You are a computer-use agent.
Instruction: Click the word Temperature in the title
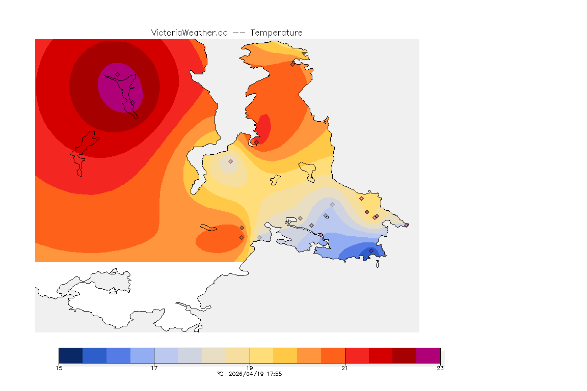click(277, 33)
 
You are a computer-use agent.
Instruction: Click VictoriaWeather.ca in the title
click(189, 33)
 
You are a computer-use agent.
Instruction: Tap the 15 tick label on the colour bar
click(59, 368)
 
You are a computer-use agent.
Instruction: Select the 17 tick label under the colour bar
click(154, 368)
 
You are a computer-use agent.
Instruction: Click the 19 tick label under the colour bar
click(250, 368)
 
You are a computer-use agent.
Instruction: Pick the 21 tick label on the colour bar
click(345, 368)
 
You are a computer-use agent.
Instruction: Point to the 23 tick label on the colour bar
click(440, 368)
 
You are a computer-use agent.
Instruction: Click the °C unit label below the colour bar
click(220, 374)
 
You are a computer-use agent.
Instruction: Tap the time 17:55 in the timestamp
click(274, 374)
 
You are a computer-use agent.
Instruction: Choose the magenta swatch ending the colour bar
click(428, 355)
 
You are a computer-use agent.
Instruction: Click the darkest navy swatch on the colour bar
click(70, 355)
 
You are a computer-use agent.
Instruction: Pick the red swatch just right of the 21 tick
click(357, 355)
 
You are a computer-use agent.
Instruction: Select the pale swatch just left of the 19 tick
click(237, 355)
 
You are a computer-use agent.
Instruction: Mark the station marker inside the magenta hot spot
click(117, 74)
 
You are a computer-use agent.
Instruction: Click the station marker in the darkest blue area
click(371, 250)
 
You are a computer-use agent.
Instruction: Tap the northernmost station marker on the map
click(292, 64)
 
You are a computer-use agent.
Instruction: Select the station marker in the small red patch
click(256, 142)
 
